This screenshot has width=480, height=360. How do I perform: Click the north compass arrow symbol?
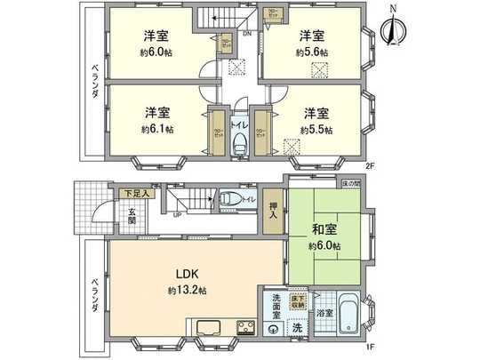391,29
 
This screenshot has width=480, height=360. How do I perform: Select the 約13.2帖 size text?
187,291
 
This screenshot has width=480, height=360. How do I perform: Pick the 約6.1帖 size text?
158,130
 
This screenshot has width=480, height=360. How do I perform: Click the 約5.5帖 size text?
316,130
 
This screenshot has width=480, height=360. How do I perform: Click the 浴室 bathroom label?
324,314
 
